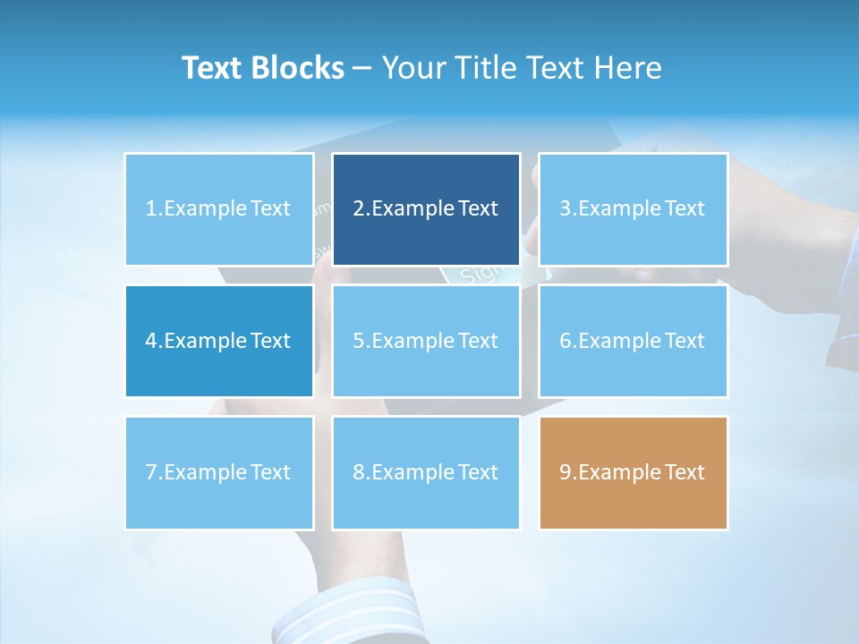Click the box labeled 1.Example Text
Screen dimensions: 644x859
[x=219, y=209]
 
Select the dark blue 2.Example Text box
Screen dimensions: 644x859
[x=426, y=209]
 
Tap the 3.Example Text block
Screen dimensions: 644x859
[x=633, y=209]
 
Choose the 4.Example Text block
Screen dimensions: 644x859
[x=219, y=341]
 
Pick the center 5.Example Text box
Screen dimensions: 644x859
[x=426, y=341]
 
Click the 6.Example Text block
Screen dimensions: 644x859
[x=633, y=341]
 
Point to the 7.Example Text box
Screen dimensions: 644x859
[x=219, y=472]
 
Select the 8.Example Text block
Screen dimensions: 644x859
[x=426, y=472]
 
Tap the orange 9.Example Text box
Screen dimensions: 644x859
[x=633, y=472]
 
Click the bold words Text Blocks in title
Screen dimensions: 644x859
[x=263, y=68]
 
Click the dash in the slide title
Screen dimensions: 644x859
[x=362, y=69]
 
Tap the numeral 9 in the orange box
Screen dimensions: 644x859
[x=566, y=472]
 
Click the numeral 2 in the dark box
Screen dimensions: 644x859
[x=359, y=209]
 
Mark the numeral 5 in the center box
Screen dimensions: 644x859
[x=359, y=341]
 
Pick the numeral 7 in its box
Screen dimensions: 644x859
[x=151, y=472]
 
